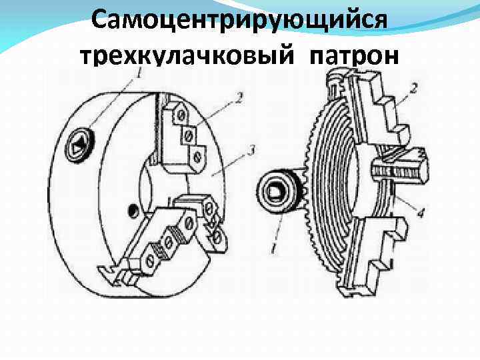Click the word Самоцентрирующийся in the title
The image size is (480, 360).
click(239, 21)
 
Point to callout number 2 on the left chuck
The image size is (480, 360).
click(237, 99)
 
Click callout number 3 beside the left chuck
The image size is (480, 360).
click(249, 151)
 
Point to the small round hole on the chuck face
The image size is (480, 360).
click(133, 211)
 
